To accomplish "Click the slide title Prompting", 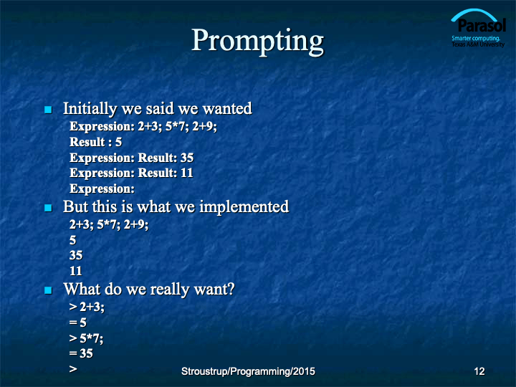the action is point(258,42).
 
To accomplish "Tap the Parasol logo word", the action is point(482,26).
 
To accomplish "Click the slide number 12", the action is point(479,371).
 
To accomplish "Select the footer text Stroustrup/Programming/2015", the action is point(248,371).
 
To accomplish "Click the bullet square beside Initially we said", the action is point(48,110).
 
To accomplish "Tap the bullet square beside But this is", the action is point(48,208).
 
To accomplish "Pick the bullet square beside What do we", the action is point(48,290).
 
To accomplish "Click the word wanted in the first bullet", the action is point(227,109).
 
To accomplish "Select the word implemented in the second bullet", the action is point(244,206).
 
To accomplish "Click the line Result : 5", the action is point(95,142).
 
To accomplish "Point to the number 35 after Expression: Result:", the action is point(187,158).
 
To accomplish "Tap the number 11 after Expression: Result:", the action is point(187,173).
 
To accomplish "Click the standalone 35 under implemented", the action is point(76,255).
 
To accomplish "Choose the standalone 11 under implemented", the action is point(76,271).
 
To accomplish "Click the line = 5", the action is point(78,322).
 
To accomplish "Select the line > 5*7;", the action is point(86,338).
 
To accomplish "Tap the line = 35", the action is point(81,353).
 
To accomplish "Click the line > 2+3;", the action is point(87,307).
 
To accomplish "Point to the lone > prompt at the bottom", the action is point(73,369).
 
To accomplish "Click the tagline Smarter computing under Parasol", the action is point(476,38).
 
